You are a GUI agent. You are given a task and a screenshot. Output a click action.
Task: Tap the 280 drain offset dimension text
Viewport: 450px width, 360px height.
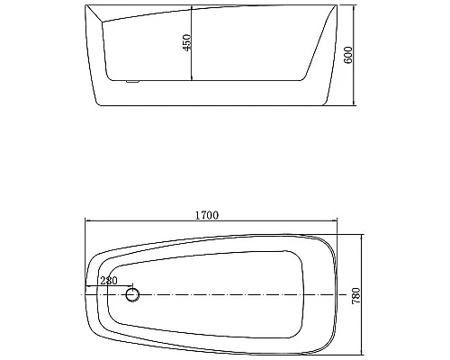click(108, 282)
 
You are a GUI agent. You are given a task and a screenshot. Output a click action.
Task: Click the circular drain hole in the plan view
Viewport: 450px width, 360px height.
click(133, 294)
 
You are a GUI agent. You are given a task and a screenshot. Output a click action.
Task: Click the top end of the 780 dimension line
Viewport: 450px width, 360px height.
click(362, 236)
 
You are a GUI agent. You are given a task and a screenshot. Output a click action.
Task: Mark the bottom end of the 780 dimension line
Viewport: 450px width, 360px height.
click(362, 352)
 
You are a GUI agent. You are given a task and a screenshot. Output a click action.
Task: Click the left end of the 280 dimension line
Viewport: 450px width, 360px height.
click(86, 289)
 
